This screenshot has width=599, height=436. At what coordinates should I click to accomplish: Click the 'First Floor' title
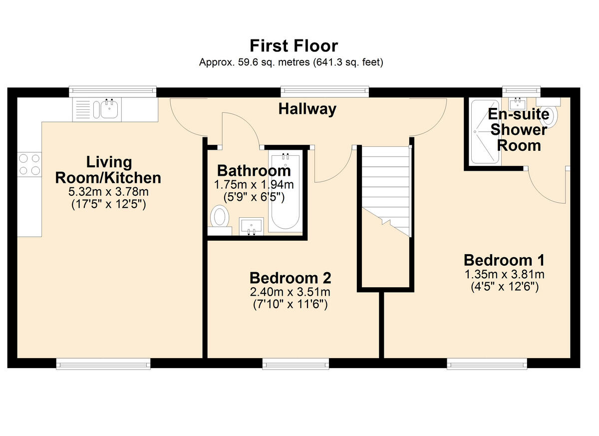point(294,46)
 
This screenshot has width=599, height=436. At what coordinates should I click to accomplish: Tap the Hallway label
point(307,109)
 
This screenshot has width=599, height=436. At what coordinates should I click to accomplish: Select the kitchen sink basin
point(109,109)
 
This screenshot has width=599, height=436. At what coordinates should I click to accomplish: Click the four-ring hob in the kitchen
point(29,164)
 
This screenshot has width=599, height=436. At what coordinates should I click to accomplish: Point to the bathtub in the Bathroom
point(286,191)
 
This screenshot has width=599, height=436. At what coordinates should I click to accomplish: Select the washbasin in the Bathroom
point(251,227)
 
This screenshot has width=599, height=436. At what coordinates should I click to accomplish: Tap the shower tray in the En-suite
point(485,132)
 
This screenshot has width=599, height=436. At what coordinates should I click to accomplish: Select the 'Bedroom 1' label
point(504,261)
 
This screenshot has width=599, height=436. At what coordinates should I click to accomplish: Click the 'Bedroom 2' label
point(291,278)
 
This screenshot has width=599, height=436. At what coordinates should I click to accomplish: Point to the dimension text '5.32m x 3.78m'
point(109,191)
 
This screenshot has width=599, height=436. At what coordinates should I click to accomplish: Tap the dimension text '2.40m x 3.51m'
point(290,292)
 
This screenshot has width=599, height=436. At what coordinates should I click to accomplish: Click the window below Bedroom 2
point(296,364)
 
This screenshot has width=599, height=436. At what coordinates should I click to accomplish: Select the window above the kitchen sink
point(113,91)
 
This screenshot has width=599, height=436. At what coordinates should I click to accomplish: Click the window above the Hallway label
point(324,91)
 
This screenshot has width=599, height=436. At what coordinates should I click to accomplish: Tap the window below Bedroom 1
point(487,364)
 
